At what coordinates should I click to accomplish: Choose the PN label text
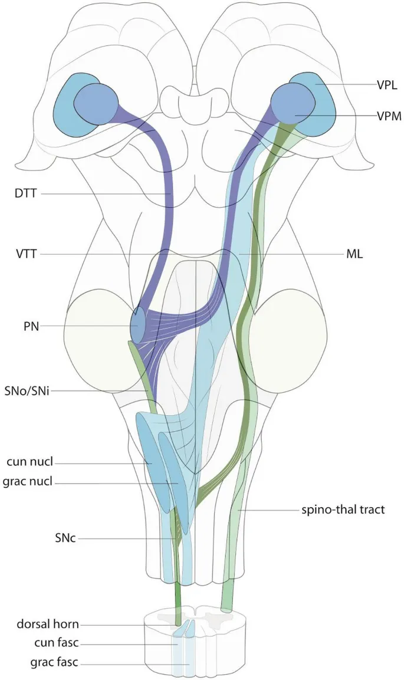pos(31,326)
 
